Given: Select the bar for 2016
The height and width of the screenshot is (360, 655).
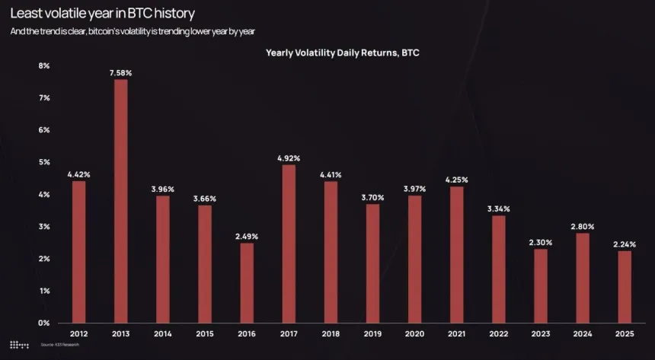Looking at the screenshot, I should point(247,282).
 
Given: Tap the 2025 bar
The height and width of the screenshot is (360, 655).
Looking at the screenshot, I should point(624,286).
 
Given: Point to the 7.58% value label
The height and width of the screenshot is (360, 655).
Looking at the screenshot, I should point(121,73).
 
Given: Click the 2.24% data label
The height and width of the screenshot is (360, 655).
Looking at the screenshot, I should point(624,244).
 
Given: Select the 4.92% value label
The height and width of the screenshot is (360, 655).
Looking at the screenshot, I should point(289,158).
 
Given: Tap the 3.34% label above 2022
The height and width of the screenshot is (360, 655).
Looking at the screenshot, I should point(498,209).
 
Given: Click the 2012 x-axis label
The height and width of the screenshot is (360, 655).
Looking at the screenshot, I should point(79,334).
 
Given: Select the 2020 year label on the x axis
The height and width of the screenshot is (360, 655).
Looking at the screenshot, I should point(414,334).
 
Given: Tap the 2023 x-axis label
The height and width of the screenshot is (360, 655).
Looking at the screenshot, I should point(540,334).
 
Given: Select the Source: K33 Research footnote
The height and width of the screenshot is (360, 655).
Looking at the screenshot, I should point(59,346).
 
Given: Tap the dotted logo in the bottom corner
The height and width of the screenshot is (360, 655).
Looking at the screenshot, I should point(19,346).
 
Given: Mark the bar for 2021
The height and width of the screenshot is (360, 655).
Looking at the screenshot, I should point(456,254).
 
